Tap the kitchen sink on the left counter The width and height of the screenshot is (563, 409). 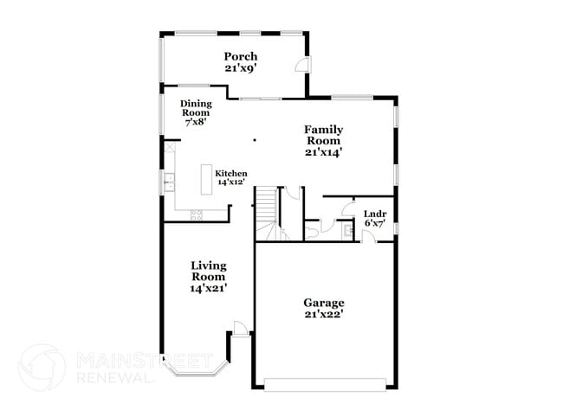point(168,181)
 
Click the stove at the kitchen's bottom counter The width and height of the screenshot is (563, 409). point(196,214)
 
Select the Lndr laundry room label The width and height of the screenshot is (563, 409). point(374,213)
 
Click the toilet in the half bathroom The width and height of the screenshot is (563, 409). point(313,231)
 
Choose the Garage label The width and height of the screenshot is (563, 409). point(324,303)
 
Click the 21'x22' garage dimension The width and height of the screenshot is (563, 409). point(324,315)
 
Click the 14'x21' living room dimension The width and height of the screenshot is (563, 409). point(209,288)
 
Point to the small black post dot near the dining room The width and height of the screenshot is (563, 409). point(254,139)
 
